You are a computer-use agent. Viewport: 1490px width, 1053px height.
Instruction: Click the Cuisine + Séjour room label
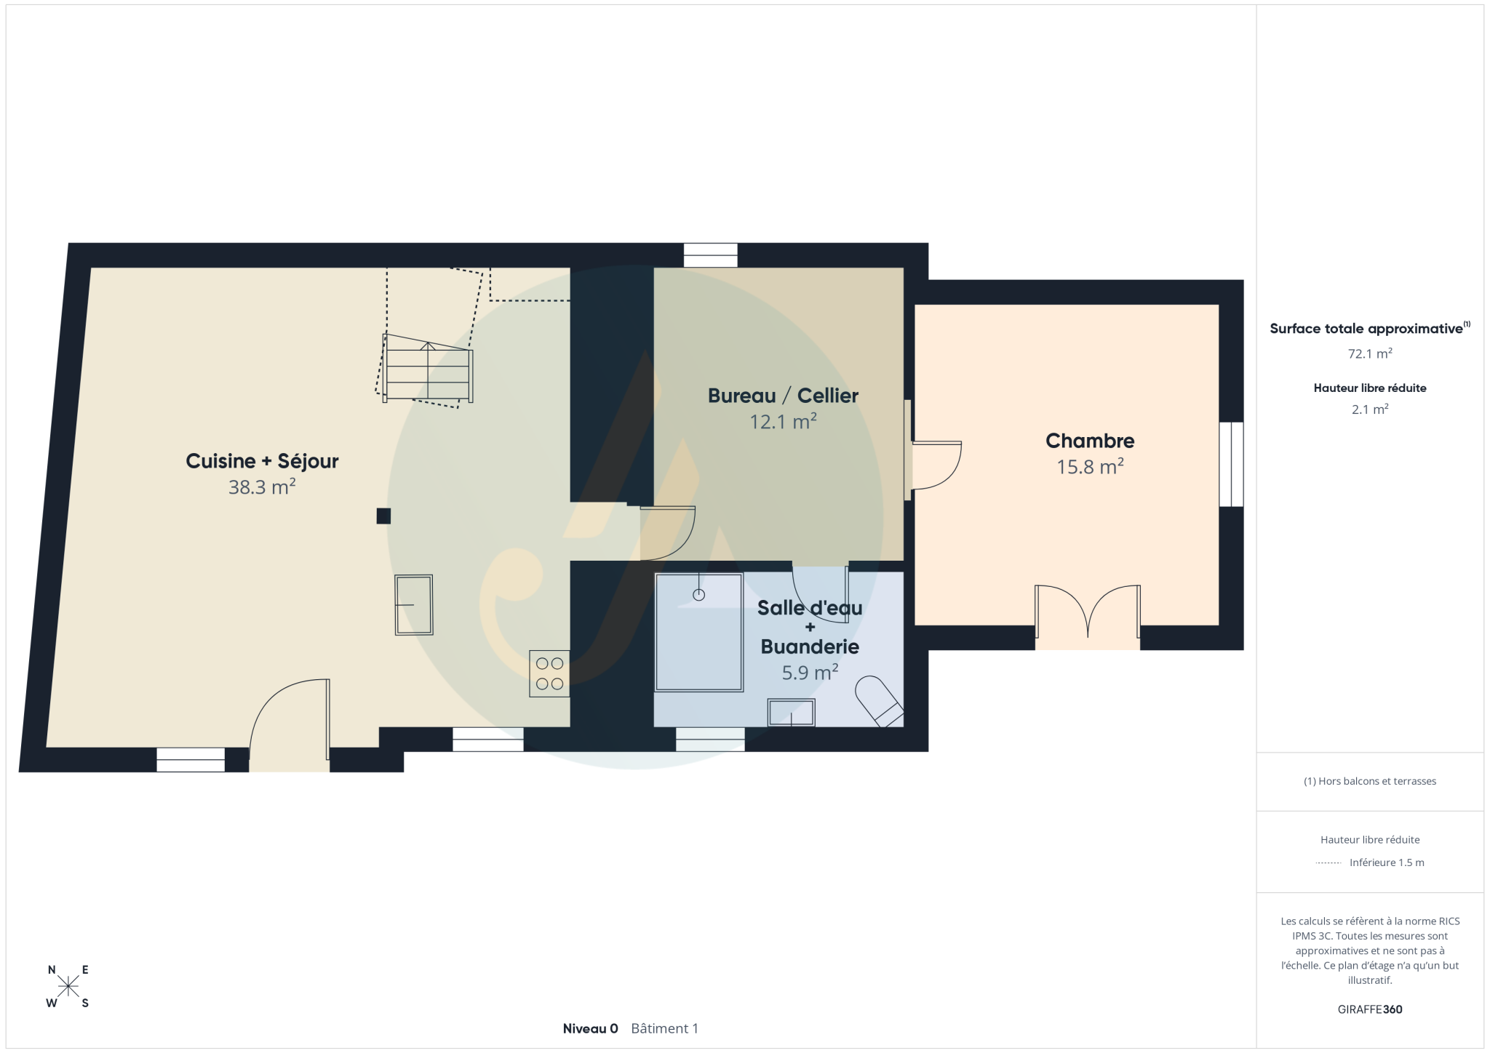(262, 461)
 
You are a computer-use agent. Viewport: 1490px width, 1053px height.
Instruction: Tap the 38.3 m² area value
(262, 487)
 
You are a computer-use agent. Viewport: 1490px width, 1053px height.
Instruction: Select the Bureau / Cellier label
(783, 396)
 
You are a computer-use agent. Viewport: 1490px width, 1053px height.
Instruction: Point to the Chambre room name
(1090, 441)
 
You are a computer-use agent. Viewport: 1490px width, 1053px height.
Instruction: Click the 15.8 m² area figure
(1090, 466)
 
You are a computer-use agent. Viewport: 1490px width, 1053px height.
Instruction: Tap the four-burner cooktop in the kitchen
(549, 673)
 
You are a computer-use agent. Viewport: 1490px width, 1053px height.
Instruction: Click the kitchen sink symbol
(414, 605)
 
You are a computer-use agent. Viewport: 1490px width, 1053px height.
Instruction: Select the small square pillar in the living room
(383, 516)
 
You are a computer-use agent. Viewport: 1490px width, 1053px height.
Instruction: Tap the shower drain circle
(699, 595)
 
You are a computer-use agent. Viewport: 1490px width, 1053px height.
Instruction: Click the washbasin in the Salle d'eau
(792, 713)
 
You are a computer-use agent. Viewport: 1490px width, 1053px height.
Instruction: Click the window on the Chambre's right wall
(1231, 464)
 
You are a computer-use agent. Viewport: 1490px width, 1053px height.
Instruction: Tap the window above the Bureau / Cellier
(711, 255)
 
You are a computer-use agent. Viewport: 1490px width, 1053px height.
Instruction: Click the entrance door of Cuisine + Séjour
(290, 724)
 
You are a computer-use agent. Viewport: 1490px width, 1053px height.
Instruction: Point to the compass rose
(68, 986)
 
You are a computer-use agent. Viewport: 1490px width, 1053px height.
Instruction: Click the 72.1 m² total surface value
(1370, 354)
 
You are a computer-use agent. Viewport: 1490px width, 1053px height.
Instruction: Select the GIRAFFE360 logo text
(1370, 1009)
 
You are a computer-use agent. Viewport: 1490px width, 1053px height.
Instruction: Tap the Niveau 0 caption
(590, 1028)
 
